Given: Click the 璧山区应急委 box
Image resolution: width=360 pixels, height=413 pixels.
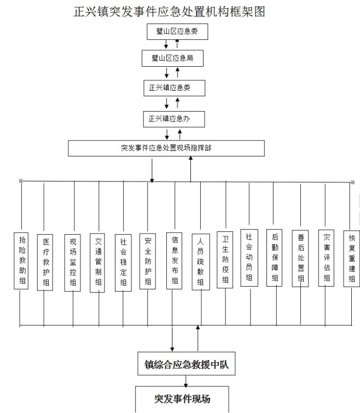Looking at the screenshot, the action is point(177,32).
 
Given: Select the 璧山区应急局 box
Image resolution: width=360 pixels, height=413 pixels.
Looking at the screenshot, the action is point(172,58).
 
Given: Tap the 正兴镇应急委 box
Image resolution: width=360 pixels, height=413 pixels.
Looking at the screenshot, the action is point(175,88).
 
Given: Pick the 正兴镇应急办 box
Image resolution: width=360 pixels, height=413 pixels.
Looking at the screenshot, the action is point(174,119).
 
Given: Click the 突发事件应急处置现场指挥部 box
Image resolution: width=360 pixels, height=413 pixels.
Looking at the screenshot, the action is point(166,148).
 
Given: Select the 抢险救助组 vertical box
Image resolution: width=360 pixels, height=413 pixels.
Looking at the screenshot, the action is point(21,261).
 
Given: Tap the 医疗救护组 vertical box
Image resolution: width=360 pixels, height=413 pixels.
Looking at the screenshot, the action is point(45,263).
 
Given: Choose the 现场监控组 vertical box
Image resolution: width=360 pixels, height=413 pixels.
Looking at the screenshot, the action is point(73,263).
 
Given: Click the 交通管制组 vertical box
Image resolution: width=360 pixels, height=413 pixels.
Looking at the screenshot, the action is point(97,263).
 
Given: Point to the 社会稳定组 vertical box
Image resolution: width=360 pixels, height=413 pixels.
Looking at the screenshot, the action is point(123,263).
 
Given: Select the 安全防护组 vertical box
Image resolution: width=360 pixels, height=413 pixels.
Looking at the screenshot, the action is point(148,261).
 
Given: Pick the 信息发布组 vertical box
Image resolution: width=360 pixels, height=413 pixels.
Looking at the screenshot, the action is point(175,261).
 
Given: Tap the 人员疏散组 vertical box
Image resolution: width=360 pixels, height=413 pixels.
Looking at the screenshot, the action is point(201,262).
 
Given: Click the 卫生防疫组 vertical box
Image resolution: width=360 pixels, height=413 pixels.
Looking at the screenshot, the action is point(225,260).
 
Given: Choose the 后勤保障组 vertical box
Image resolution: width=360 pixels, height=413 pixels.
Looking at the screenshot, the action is point(275,258).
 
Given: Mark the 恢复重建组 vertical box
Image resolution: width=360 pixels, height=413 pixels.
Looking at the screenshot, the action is point(352,259).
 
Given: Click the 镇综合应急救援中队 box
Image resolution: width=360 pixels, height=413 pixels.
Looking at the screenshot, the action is point(187,363).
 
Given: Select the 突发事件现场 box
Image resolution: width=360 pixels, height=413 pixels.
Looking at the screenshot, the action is point(182,399).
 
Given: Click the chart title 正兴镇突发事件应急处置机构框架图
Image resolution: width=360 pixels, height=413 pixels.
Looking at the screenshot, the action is point(170,11).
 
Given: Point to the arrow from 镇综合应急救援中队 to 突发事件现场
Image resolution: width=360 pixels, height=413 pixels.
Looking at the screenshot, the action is point(186,381).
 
